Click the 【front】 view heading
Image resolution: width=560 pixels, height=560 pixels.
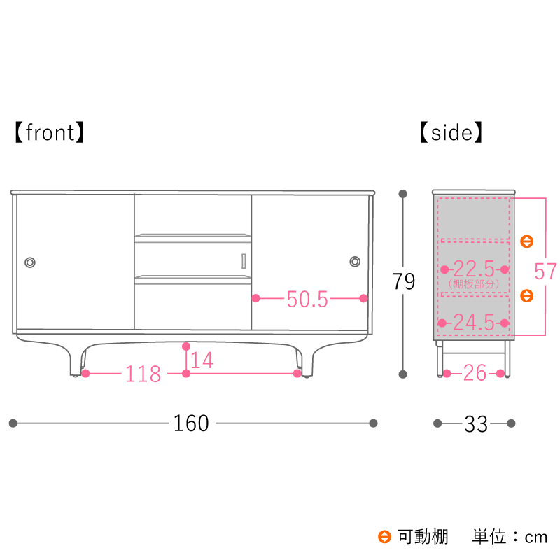pos(49,132)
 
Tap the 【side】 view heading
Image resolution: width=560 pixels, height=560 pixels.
pos(451,132)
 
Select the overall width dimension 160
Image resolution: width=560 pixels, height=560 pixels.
pos(191,423)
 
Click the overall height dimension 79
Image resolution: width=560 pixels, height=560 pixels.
pos(404,281)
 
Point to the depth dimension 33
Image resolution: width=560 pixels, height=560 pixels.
pos(476,424)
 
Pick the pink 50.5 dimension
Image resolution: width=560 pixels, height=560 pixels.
pos(307,299)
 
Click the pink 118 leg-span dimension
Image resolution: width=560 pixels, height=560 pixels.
pos(143,374)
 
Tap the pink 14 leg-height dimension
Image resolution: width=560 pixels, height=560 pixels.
pos(202,360)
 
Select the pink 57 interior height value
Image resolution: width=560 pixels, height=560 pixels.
pos(545,272)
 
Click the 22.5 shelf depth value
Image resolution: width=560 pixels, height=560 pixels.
pos(475,269)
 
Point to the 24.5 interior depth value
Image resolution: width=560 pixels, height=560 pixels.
pos(474,323)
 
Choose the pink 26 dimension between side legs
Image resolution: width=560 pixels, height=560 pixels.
pos(475,373)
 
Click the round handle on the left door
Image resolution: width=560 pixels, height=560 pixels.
pos(30,262)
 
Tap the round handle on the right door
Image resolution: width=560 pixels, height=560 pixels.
pos(355,261)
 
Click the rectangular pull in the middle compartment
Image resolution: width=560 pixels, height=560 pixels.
pos(244,261)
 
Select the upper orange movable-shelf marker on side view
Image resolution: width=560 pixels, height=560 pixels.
pos(527,241)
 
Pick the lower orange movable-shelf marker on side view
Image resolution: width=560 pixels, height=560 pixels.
pos(527,295)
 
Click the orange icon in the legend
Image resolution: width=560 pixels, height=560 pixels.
pos(384,537)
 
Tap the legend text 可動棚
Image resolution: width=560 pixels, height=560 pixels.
pos(423,537)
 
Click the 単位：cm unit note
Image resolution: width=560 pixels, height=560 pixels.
pos(510,537)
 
